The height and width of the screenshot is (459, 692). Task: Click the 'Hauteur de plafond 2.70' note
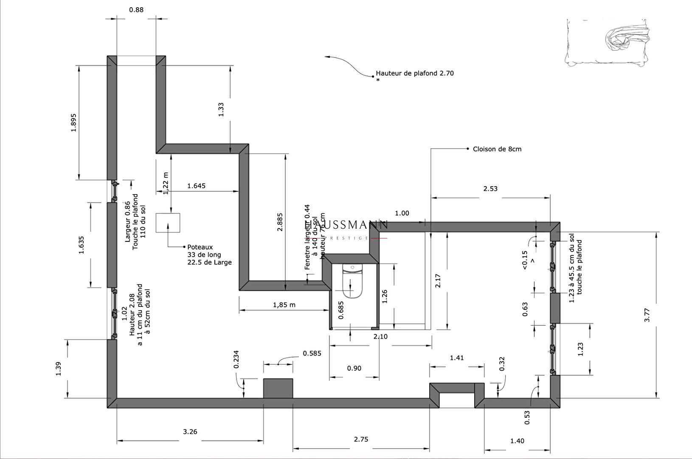(x=414, y=73)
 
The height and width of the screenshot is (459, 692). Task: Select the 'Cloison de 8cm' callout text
(x=497, y=149)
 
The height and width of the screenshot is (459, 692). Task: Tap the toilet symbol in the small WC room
(x=352, y=281)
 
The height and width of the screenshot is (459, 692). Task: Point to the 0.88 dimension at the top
(x=136, y=9)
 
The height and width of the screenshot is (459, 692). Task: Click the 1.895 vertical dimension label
(x=73, y=122)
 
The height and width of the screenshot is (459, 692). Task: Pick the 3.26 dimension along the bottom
(x=190, y=432)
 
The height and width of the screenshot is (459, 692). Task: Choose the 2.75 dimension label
(x=361, y=439)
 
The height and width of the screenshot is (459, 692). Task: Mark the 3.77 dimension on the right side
(x=647, y=314)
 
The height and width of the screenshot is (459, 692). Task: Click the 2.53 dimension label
(x=490, y=188)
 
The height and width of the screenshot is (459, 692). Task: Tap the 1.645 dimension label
(x=196, y=186)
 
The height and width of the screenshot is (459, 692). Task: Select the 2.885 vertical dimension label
(x=280, y=222)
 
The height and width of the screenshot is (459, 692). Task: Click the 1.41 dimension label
(x=457, y=358)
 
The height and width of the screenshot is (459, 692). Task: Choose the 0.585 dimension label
(x=312, y=353)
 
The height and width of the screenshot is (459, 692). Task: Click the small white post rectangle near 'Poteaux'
(x=168, y=223)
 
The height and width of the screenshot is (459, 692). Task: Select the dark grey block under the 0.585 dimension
(x=278, y=388)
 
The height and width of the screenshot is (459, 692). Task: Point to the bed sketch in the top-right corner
(x=608, y=42)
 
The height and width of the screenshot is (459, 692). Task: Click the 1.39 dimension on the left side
(x=59, y=368)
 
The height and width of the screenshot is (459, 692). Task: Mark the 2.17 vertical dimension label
(x=438, y=280)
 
